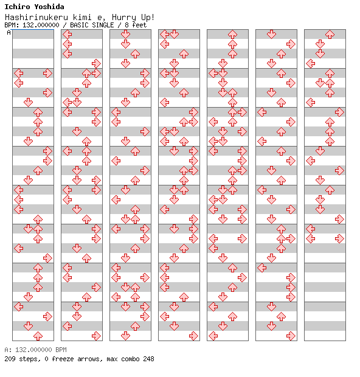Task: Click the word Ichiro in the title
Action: pyautogui.click(x=17, y=7)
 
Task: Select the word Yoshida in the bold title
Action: pyautogui.click(x=49, y=7)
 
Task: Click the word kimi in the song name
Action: pyautogui.click(x=82, y=17)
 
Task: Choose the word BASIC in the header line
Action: pyautogui.click(x=79, y=25)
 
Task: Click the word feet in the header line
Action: pyautogui.click(x=139, y=25)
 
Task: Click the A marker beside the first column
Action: pyautogui.click(x=9, y=32)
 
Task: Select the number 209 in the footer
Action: pyautogui.click(x=10, y=359)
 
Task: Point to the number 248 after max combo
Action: pyautogui.click(x=148, y=359)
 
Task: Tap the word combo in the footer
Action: pyautogui.click(x=130, y=359)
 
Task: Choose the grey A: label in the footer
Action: pyautogui.click(x=8, y=350)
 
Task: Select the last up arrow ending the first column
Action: pyautogui.click(x=38, y=336)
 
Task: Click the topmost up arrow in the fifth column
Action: pyautogui.click(x=232, y=35)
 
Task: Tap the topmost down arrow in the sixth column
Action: pyautogui.click(x=271, y=35)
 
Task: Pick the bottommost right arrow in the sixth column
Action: pyautogui.click(x=291, y=336)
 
